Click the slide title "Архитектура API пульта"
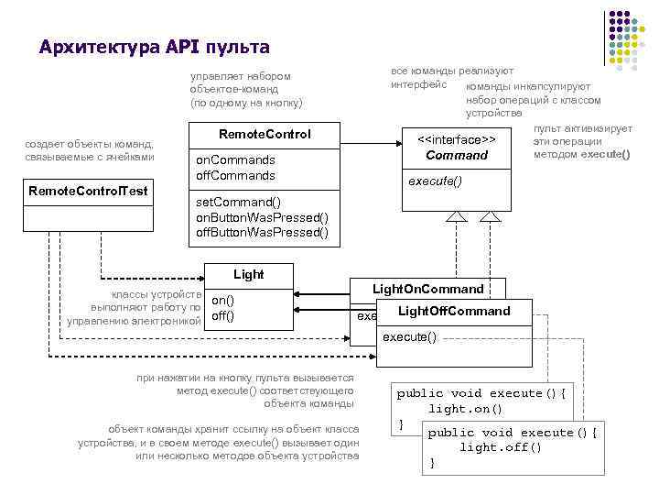click(x=155, y=47)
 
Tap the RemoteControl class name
click(x=265, y=134)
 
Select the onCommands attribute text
click(x=236, y=159)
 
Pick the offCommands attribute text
click(x=236, y=174)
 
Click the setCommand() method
click(x=239, y=202)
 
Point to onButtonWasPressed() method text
click(x=263, y=217)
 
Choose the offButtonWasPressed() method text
click(x=263, y=232)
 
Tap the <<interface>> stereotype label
click(x=457, y=139)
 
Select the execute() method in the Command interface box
click(x=435, y=181)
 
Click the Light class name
click(x=249, y=274)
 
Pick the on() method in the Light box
click(x=223, y=300)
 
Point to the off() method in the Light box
click(x=223, y=316)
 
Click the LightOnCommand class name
click(x=427, y=289)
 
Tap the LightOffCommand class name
click(x=454, y=311)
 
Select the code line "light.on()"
click(x=466, y=409)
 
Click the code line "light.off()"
click(x=501, y=447)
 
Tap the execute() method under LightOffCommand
click(x=409, y=337)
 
